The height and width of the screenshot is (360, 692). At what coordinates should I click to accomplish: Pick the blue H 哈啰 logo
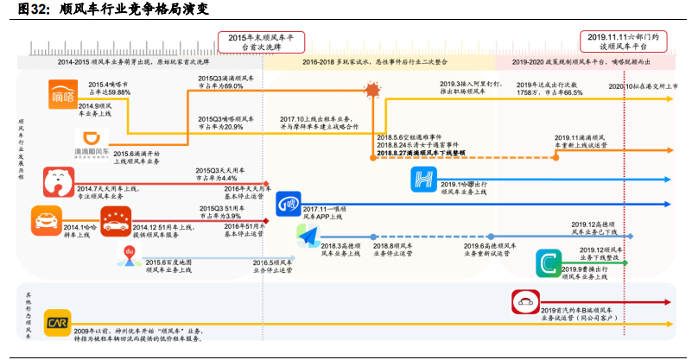[425, 180]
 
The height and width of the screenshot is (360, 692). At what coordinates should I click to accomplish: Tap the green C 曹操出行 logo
[548, 262]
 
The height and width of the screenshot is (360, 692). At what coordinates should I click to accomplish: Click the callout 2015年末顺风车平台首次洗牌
[262, 42]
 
